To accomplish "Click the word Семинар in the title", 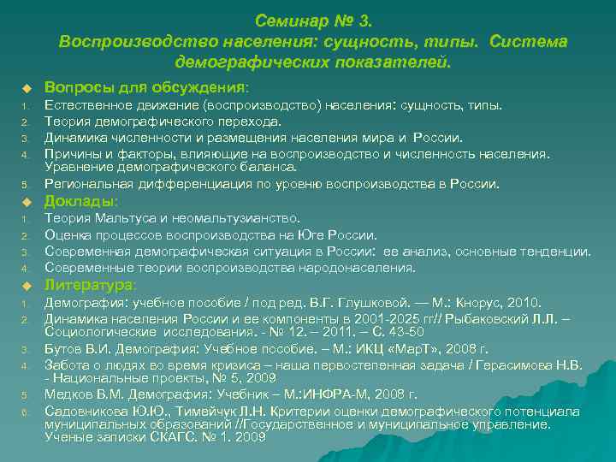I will [288, 20].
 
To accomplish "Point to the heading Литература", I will [89, 284].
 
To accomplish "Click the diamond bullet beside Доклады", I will [27, 202].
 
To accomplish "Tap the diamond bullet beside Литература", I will [27, 285].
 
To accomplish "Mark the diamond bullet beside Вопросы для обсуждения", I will [27, 88].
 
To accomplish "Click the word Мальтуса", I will [123, 218].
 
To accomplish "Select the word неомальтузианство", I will [233, 218].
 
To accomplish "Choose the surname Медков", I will [68, 394].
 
